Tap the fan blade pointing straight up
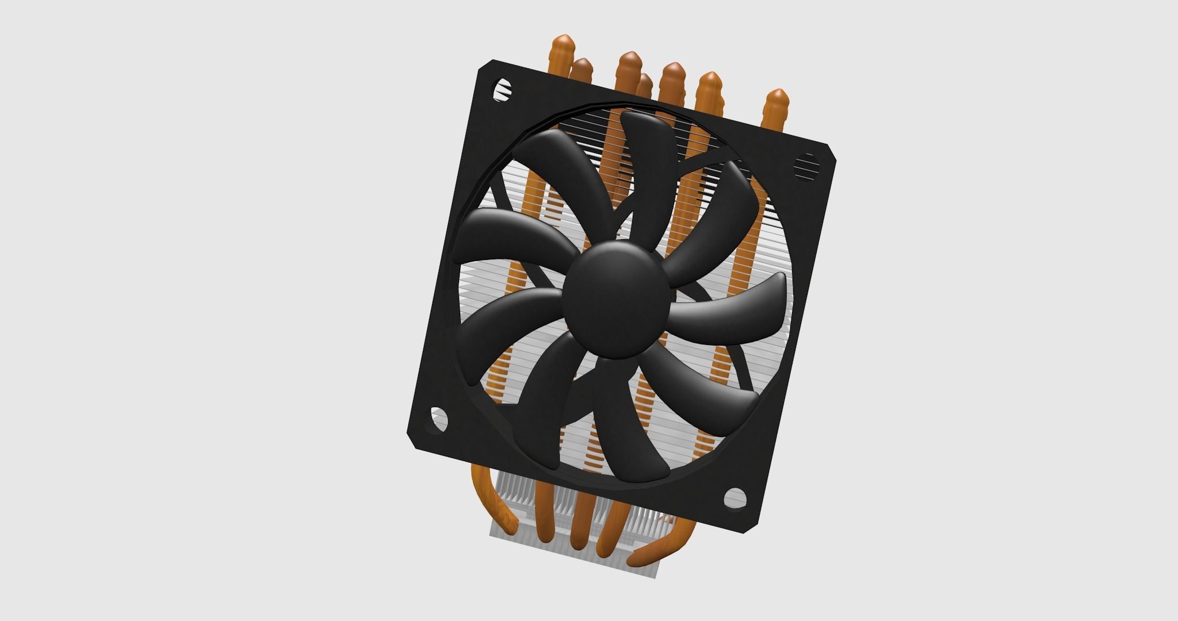point(648,161)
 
